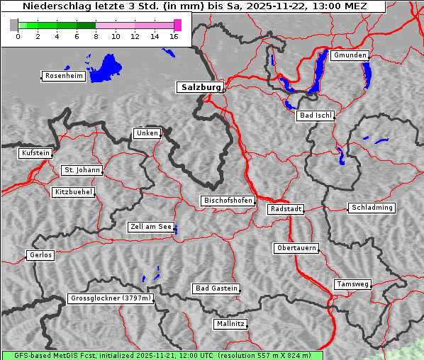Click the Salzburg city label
[x=200, y=87]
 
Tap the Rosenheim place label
[x=63, y=76]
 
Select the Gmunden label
[x=350, y=55]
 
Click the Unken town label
[x=147, y=133]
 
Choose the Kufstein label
[x=35, y=153]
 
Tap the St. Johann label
[x=82, y=170]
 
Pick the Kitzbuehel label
[x=73, y=192]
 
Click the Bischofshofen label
[x=228, y=201]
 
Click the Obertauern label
[x=296, y=248]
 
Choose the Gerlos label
[x=40, y=255]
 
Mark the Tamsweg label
[x=352, y=284]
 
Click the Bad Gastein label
[x=216, y=288]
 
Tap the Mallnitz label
[x=230, y=324]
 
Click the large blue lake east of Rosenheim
[x=106, y=67]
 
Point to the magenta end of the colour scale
[x=177, y=25]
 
